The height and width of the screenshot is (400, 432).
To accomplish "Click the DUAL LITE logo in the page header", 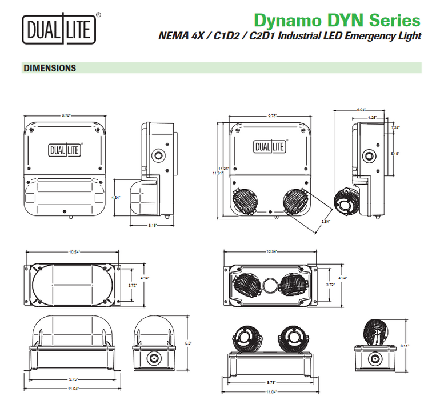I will (x=58, y=29).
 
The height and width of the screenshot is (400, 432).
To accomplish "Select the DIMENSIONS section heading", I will (x=49, y=68).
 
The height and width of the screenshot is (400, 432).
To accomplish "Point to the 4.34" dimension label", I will (x=116, y=197).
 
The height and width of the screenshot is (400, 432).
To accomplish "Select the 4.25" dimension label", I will (x=372, y=118).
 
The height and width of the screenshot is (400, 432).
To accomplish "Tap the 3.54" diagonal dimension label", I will (x=326, y=221).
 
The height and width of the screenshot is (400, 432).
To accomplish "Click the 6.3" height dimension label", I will (x=188, y=343).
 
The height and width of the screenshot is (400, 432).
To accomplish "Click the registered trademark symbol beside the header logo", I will (x=99, y=15).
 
